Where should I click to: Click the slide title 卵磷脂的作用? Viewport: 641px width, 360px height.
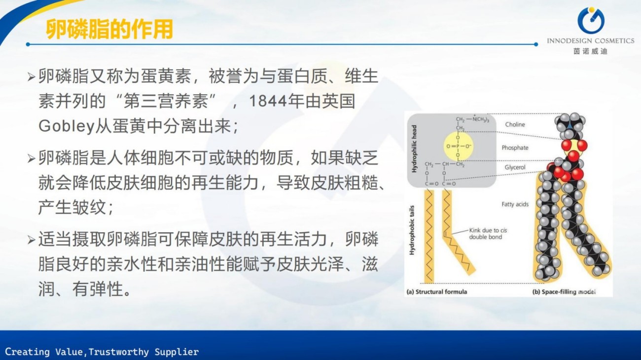(109, 29)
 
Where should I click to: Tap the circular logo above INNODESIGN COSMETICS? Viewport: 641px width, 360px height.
(590, 21)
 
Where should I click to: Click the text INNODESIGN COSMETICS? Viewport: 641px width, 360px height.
(591, 41)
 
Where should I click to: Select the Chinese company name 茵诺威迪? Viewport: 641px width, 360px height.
(590, 51)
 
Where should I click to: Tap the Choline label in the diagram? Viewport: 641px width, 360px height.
(515, 124)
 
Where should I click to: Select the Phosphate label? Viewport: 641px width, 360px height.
(515, 147)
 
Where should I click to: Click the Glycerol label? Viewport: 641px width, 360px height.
(515, 167)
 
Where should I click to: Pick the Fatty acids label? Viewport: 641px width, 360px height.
(515, 204)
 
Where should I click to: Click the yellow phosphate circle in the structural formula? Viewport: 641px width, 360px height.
(458, 146)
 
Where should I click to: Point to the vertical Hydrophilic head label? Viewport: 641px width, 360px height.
(414, 149)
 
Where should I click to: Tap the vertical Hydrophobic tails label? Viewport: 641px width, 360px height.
(412, 230)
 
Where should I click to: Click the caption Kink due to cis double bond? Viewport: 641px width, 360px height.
(488, 234)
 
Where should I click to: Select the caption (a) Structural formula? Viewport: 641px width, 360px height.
(437, 292)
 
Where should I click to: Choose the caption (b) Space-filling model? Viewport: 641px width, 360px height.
(564, 292)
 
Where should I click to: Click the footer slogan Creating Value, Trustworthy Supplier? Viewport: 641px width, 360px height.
(102, 352)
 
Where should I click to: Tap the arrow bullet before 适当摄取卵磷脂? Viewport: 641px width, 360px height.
(31, 240)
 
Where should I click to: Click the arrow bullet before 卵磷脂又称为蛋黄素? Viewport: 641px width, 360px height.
(31, 77)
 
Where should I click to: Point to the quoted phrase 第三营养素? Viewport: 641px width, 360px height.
(166, 101)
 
